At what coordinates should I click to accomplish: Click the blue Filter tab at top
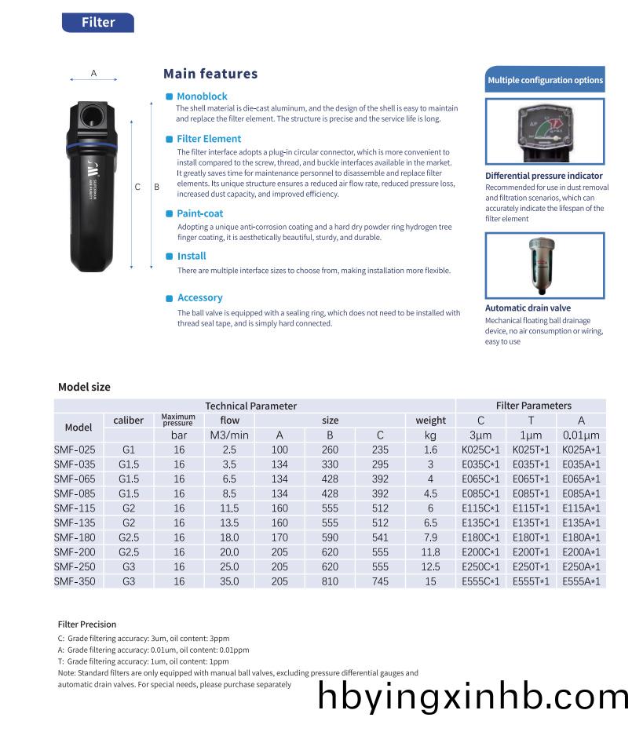(98, 23)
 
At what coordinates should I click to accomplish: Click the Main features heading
(210, 74)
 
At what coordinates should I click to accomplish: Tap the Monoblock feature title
(202, 97)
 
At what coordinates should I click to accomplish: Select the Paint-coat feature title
(200, 213)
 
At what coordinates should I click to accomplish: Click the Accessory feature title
(199, 298)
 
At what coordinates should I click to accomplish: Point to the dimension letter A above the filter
(93, 73)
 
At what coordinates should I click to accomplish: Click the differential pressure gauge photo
(545, 130)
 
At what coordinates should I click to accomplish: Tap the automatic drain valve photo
(544, 265)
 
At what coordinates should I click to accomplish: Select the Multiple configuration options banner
(545, 80)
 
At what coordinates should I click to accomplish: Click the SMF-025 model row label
(75, 450)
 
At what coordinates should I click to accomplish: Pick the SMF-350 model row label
(75, 581)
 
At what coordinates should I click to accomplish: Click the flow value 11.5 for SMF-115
(229, 508)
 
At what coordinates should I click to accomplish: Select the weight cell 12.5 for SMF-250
(430, 567)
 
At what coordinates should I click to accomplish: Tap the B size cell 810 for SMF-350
(330, 581)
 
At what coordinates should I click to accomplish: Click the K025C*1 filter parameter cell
(480, 450)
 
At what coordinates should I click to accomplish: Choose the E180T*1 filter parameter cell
(532, 537)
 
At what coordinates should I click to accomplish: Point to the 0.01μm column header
(581, 435)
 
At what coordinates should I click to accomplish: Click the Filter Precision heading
(87, 625)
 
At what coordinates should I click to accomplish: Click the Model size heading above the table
(84, 387)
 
